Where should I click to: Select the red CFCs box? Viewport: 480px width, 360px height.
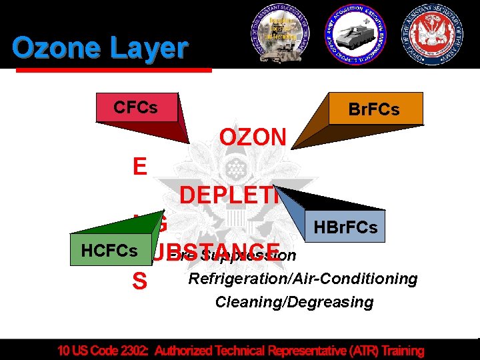tap(136, 107)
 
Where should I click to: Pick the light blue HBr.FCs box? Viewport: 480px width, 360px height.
tap(344, 228)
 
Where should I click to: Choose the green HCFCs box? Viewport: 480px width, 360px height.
tap(109, 251)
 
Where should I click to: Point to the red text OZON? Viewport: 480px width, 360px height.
tap(253, 138)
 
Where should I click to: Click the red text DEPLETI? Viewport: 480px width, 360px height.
tap(227, 195)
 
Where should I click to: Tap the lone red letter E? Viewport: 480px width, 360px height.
tap(140, 167)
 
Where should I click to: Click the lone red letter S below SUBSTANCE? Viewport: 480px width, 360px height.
tap(140, 282)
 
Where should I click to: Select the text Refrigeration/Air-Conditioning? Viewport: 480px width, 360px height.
tap(303, 278)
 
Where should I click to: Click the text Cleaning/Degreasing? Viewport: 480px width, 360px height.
tap(294, 302)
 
